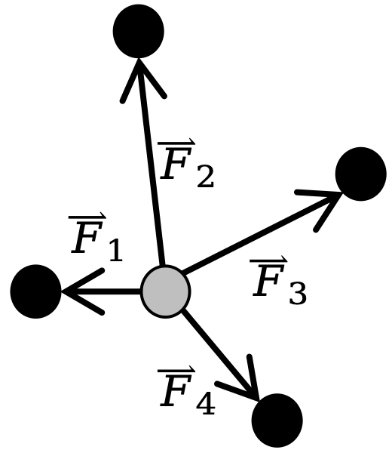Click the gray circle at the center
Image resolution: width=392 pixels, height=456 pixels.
coord(165,291)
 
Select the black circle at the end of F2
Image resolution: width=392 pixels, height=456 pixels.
coord(139,31)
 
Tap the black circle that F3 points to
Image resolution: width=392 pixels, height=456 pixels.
coord(360,174)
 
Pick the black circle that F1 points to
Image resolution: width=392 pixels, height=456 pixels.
coord(35,291)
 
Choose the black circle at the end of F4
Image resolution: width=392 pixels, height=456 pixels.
coord(277,420)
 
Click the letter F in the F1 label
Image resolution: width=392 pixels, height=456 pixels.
coord(87,240)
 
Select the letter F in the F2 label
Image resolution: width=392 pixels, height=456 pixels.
coord(175,165)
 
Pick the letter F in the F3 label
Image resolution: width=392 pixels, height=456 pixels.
coord(268,283)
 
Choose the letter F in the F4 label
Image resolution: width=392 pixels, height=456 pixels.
coord(176,393)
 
